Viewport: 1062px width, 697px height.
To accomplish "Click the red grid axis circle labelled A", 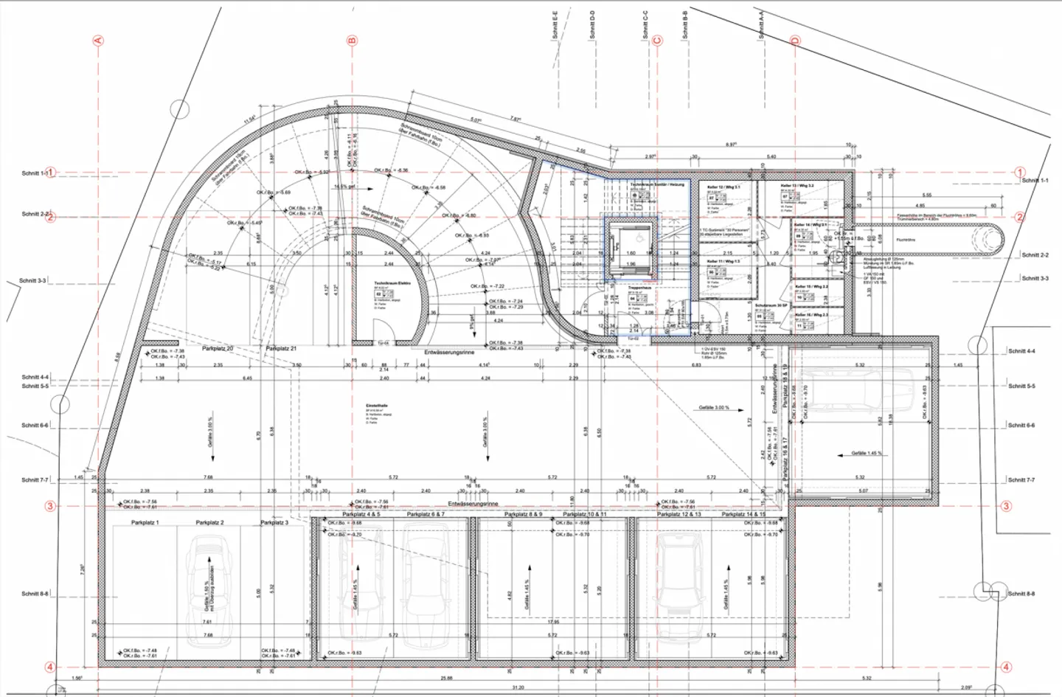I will [98, 41].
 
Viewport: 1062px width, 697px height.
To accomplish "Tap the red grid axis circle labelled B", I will [352, 41].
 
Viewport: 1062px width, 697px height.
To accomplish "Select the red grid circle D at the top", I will [795, 41].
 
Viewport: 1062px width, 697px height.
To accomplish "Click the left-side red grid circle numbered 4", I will [50, 667].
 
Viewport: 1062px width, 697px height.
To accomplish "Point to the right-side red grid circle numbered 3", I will [1006, 506].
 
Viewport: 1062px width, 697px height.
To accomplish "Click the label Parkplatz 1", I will [145, 522].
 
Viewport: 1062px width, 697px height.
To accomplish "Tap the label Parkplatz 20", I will [218, 348].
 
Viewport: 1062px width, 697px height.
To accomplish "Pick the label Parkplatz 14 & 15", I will [743, 514].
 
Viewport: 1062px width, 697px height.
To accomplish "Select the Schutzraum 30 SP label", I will [771, 305].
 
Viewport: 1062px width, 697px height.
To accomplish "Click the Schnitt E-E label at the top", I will [555, 24].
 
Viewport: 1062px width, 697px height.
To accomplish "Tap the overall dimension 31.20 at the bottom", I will [518, 687].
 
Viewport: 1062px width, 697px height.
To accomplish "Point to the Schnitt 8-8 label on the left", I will [35, 593].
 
